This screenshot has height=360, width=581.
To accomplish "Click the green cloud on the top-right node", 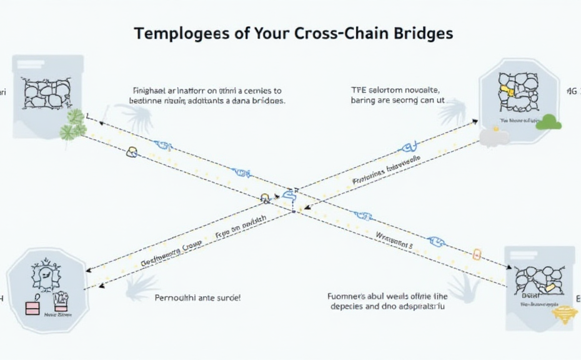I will click(549, 122).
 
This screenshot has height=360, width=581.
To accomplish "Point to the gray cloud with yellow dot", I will click(494, 136).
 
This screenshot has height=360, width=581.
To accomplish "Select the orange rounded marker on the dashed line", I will click(478, 254).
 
